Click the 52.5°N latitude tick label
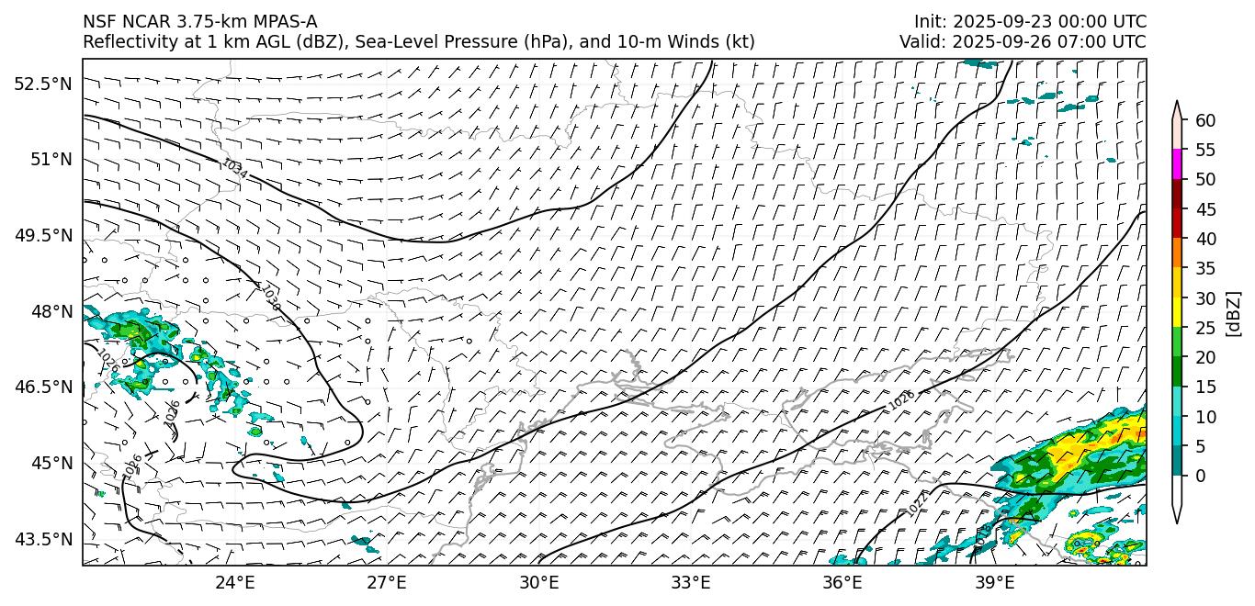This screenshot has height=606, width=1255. (42, 84)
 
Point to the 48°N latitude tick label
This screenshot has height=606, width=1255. (50, 311)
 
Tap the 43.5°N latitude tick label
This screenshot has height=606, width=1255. (42, 539)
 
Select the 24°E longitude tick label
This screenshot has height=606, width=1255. (234, 582)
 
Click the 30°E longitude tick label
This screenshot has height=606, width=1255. (538, 582)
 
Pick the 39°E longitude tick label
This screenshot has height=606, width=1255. (994, 582)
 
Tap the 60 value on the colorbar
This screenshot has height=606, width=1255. (1205, 120)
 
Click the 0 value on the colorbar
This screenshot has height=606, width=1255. (1201, 476)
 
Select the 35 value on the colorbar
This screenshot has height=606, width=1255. (1205, 268)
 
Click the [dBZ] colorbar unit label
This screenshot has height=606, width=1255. (1233, 313)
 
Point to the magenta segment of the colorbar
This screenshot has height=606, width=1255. (1177, 164)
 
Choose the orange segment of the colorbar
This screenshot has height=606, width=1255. (1177, 253)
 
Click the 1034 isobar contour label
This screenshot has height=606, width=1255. (234, 169)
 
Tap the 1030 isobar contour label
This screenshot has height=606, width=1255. (270, 297)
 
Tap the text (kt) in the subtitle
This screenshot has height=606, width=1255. (741, 41)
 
